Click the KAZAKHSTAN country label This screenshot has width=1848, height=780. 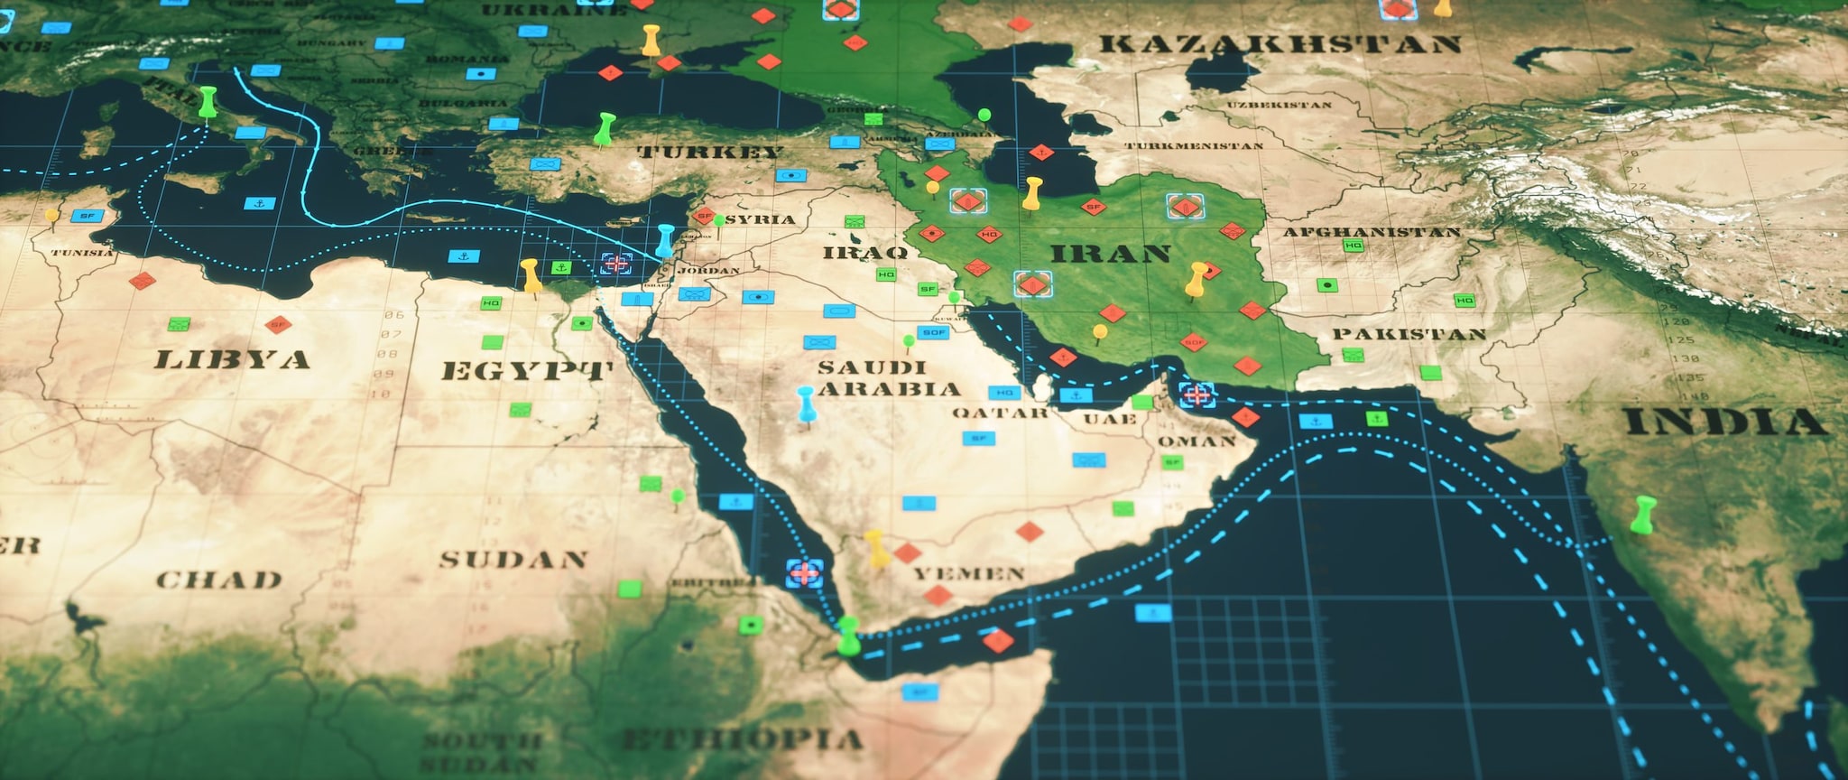click(1280, 43)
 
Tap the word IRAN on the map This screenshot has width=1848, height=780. click(1111, 254)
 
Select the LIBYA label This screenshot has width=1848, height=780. click(232, 360)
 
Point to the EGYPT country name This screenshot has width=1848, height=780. click(527, 371)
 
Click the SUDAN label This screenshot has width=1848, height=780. click(513, 560)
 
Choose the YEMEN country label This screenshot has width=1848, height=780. click(969, 574)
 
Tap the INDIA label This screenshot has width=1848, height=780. click(1725, 422)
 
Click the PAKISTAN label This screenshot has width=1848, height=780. click(1409, 334)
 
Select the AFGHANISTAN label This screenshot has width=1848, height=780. click(1371, 232)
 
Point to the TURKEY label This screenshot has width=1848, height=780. click(709, 152)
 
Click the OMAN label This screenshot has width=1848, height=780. click(1197, 441)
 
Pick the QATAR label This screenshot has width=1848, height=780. click(1001, 413)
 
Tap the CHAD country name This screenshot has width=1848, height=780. click(219, 580)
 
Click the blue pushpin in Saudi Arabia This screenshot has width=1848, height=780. click(806, 403)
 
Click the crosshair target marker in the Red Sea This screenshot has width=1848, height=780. click(804, 572)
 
